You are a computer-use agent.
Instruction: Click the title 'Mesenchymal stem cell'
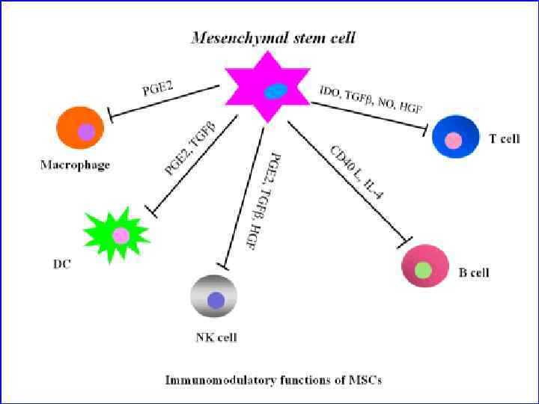click(x=273, y=37)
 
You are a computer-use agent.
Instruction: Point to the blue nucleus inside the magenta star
click(x=275, y=91)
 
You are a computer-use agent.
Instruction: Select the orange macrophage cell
click(x=79, y=128)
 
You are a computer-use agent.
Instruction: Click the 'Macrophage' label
click(x=75, y=165)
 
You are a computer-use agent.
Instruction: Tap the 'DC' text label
click(x=62, y=264)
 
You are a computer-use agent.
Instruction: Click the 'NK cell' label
click(x=216, y=337)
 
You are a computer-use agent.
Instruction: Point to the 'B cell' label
click(x=474, y=273)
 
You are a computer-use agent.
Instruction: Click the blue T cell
click(x=455, y=137)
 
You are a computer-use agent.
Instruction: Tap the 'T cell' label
click(x=504, y=139)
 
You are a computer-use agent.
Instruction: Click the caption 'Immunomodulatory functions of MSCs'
click(x=273, y=380)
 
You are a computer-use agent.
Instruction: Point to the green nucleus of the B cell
click(x=424, y=269)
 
